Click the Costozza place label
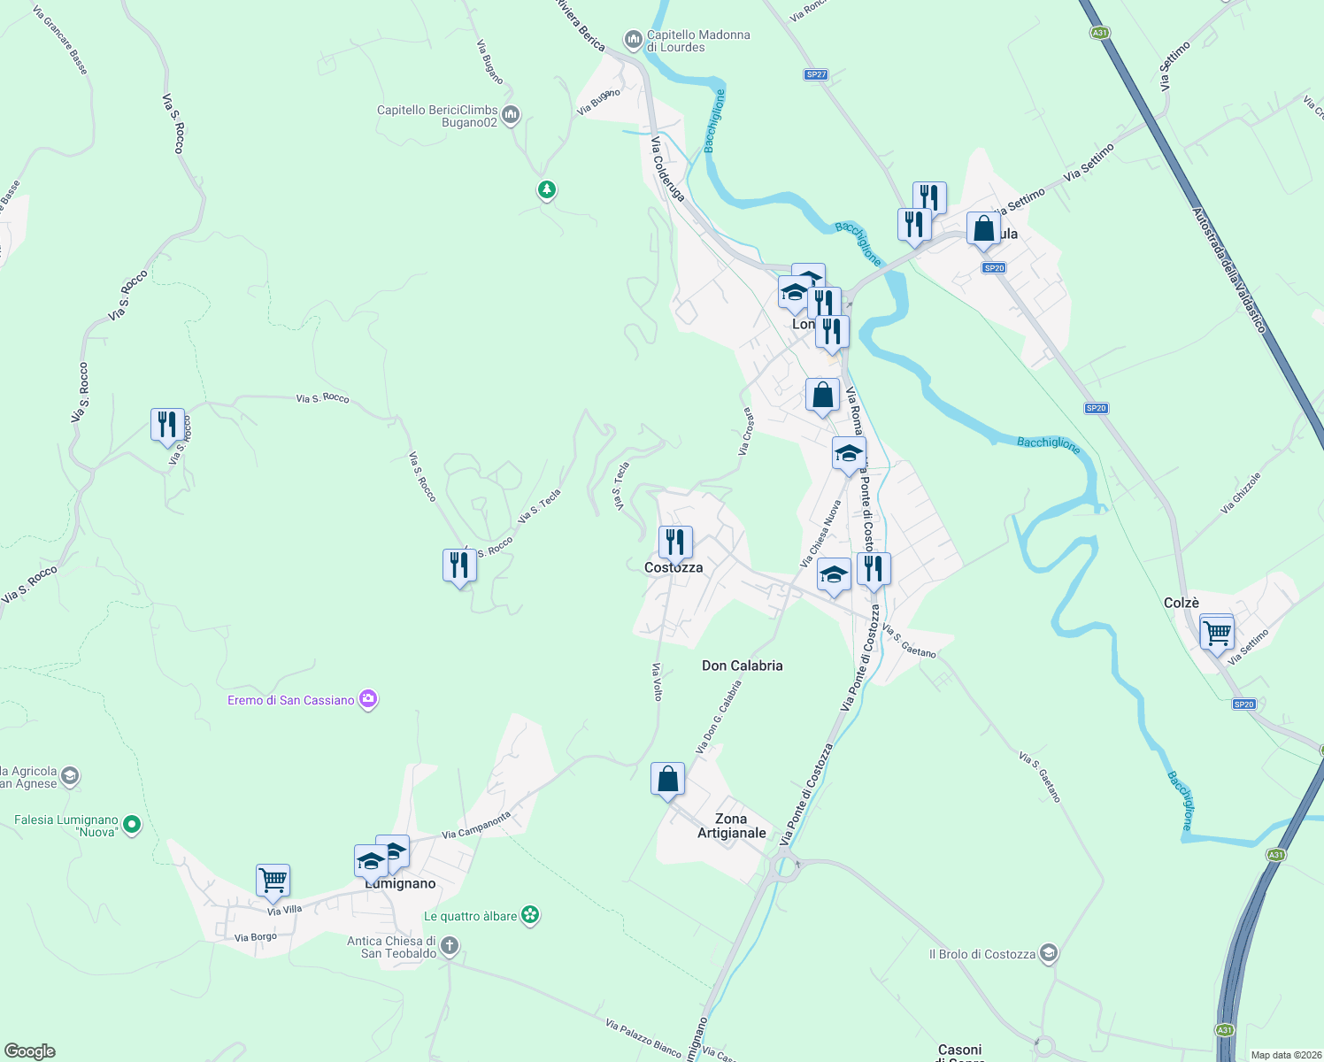click(674, 568)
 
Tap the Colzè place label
click(1182, 603)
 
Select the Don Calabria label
click(742, 666)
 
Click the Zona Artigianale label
click(731, 826)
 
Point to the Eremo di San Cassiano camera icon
click(369, 700)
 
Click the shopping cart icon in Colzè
click(1217, 633)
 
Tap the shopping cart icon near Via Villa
click(273, 881)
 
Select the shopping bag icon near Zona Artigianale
click(667, 780)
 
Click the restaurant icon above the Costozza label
click(675, 542)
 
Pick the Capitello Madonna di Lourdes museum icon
click(633, 40)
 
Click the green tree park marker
click(547, 189)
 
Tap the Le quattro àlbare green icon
click(530, 915)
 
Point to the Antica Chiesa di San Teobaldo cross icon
click(449, 946)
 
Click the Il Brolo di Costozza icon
click(1049, 953)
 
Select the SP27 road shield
click(816, 74)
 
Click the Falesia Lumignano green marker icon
click(132, 825)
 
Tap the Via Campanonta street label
click(476, 826)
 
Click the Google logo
click(29, 1051)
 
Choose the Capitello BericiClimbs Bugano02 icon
click(511, 115)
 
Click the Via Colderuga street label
click(667, 168)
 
